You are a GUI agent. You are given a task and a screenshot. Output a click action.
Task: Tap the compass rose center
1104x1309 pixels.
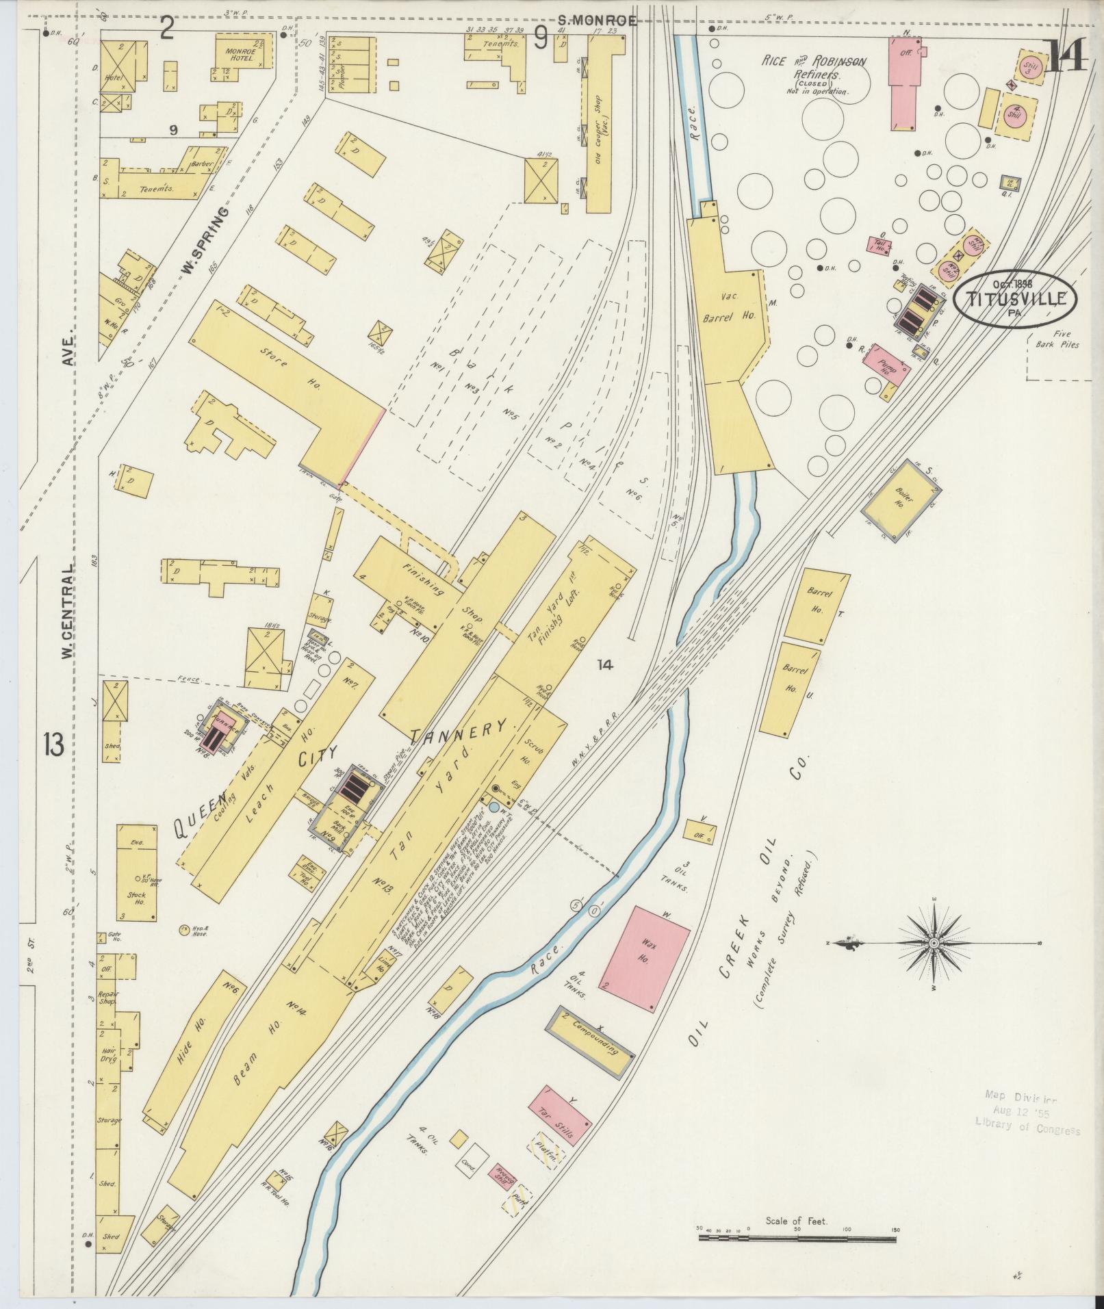(934, 943)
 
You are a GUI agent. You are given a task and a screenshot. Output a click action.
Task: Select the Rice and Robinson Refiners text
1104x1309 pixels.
(814, 68)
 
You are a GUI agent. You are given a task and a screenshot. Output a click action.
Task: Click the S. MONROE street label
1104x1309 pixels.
(597, 21)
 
